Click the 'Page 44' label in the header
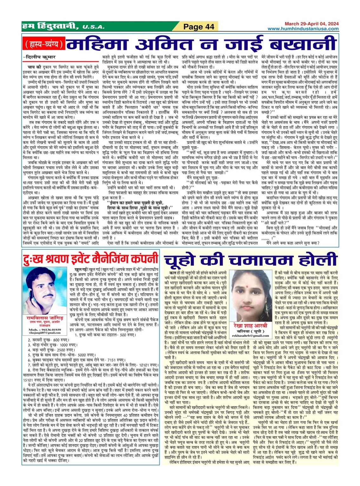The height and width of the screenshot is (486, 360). (199, 27)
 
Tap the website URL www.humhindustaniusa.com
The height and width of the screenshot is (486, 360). (303, 29)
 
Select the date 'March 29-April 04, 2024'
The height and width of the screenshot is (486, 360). (311, 24)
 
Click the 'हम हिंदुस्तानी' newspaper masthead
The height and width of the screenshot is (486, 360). (50, 26)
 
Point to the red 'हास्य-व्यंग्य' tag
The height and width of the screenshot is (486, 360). (44, 44)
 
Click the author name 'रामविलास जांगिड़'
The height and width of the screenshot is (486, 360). (45, 318)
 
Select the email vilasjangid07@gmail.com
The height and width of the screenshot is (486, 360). (45, 333)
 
